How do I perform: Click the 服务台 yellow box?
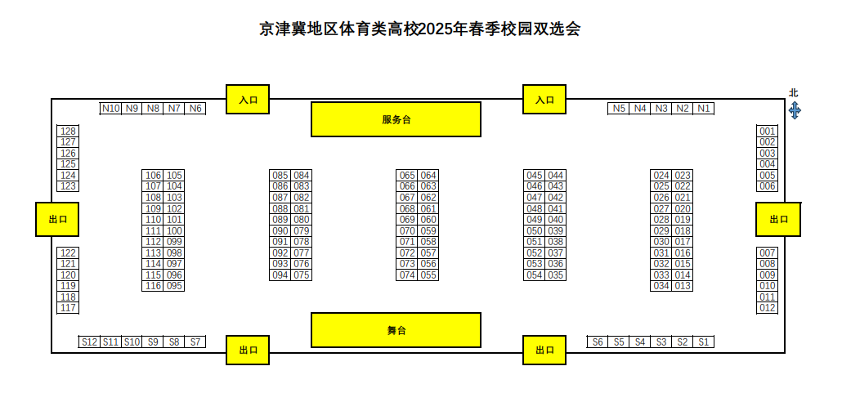(396, 119)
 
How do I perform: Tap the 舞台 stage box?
(396, 330)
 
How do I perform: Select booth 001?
(767, 132)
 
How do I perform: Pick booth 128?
(69, 132)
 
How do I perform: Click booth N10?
(110, 109)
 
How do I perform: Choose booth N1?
(704, 109)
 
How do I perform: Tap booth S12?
(89, 342)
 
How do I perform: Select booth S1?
(704, 342)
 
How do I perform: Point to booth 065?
(407, 176)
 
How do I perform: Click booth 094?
(280, 275)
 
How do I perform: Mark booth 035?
(556, 275)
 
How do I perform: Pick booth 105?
(174, 176)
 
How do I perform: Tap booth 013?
(683, 286)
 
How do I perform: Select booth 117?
(69, 308)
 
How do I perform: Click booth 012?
(767, 308)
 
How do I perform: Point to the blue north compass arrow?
(794, 110)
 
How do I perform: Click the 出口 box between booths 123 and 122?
(58, 219)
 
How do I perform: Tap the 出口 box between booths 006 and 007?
(777, 219)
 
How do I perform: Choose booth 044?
(556, 176)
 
